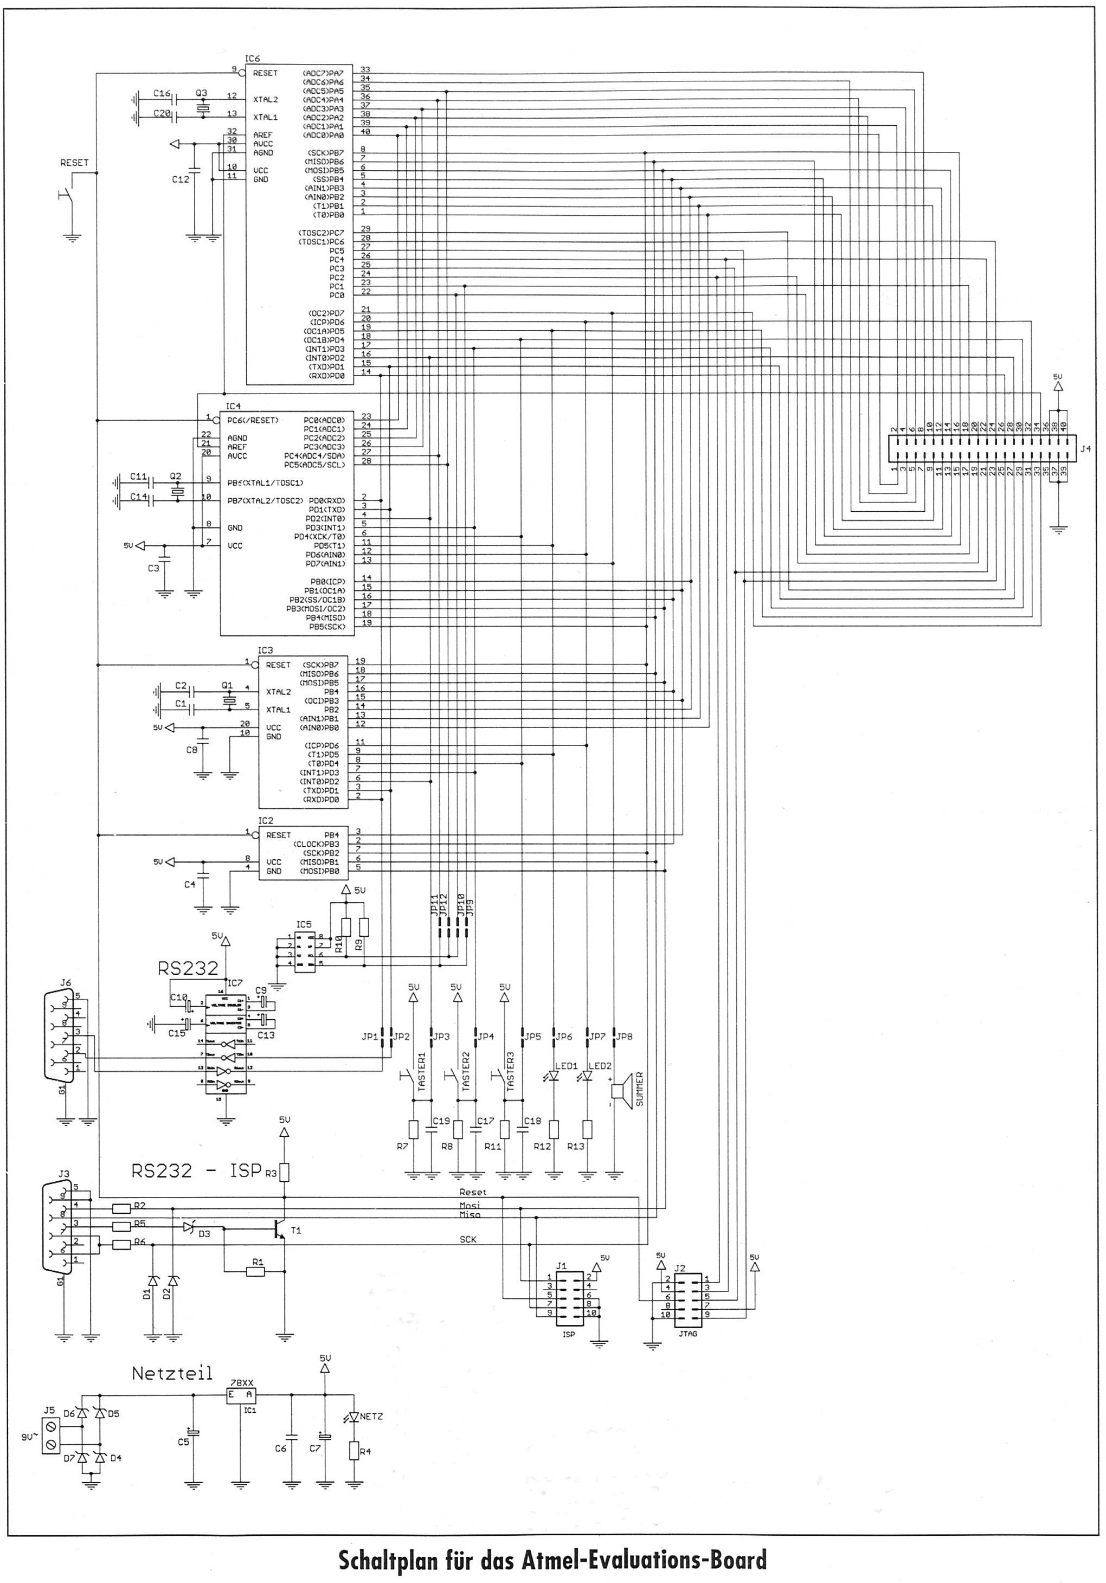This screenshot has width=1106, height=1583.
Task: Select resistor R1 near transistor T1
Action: click(256, 1273)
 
